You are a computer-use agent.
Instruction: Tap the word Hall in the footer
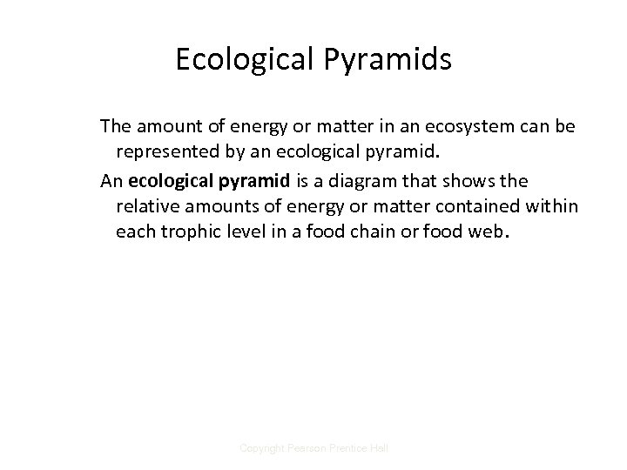379,447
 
